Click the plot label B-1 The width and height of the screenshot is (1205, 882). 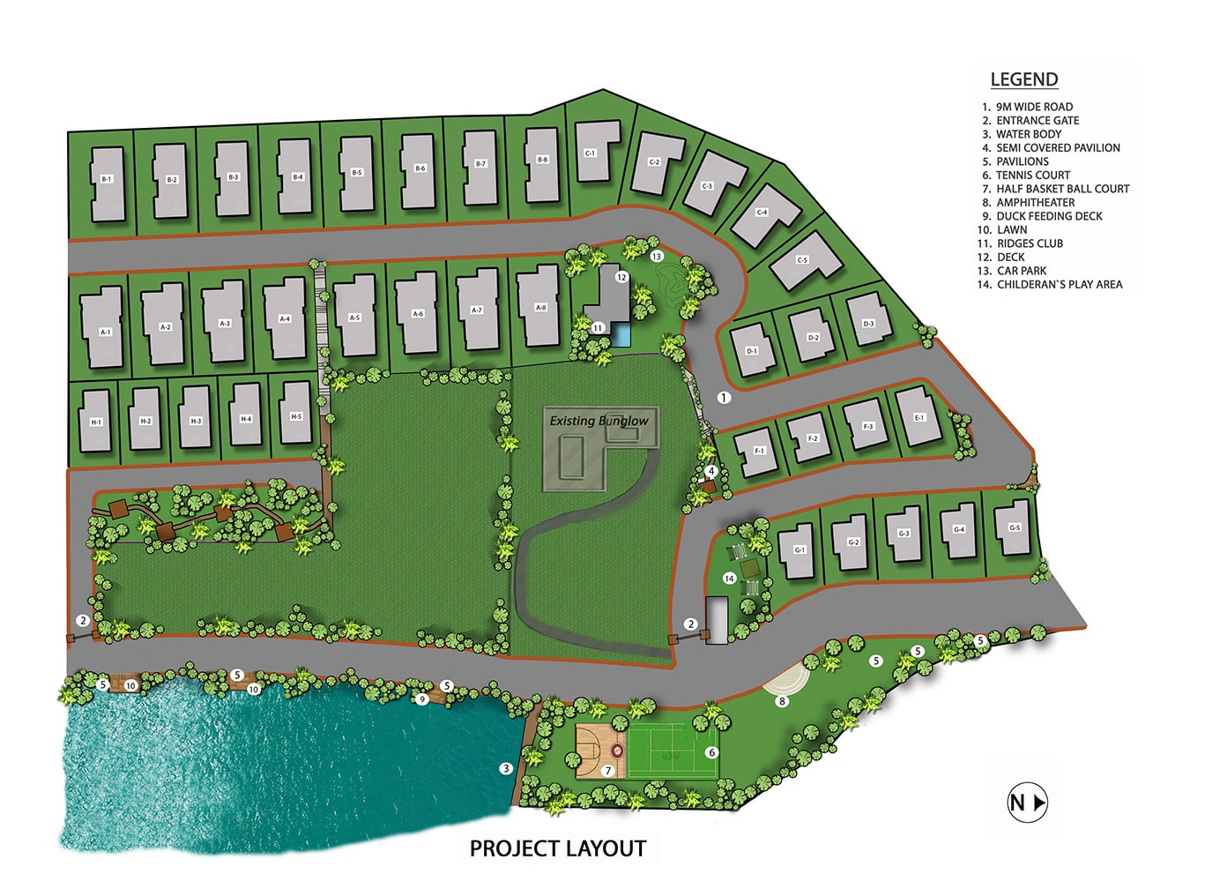(x=107, y=179)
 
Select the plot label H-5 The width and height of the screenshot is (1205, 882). (x=296, y=416)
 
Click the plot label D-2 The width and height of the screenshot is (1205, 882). (x=813, y=338)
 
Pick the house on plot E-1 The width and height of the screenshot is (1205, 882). (x=919, y=416)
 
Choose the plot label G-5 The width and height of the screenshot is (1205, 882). (x=1014, y=527)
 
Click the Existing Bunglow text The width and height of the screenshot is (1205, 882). (x=599, y=421)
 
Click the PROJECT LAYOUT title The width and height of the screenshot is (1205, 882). (x=558, y=848)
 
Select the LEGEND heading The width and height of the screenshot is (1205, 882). (x=1023, y=79)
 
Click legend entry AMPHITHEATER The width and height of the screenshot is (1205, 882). (x=1035, y=202)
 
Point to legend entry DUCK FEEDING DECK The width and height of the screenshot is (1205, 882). (x=1049, y=216)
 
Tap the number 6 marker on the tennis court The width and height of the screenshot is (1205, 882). (x=712, y=752)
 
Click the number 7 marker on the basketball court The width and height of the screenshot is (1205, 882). (x=607, y=770)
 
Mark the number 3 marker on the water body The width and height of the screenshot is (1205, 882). (x=506, y=768)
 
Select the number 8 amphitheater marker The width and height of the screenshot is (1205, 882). (x=782, y=701)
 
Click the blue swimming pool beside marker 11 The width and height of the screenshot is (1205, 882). (x=623, y=334)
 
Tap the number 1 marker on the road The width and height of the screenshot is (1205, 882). (x=724, y=398)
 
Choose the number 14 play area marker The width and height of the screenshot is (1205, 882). (x=729, y=579)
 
